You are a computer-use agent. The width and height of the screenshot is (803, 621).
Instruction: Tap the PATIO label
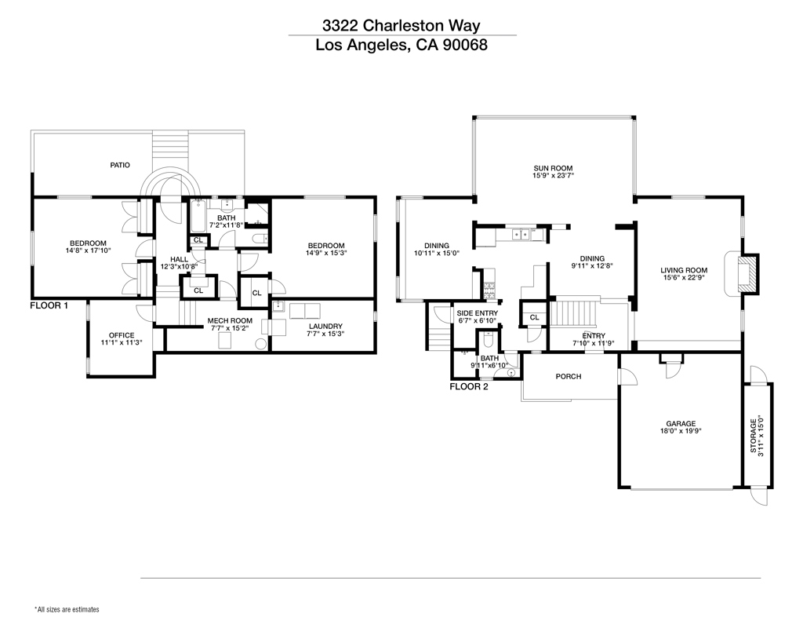pyautogui.click(x=119, y=165)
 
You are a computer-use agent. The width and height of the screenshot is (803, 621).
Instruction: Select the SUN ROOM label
pyautogui.click(x=553, y=168)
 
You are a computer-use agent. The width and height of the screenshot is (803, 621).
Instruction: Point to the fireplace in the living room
pyautogui.click(x=750, y=272)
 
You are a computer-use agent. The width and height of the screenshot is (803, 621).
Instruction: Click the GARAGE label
pyautogui.click(x=681, y=423)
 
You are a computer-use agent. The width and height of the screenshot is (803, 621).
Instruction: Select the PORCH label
pyautogui.click(x=569, y=377)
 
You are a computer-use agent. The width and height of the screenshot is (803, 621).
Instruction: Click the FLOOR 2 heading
pyautogui.click(x=469, y=386)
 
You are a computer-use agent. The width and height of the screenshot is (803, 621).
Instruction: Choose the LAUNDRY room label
pyautogui.click(x=325, y=326)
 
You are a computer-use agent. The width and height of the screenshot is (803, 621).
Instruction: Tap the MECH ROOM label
pyautogui.click(x=230, y=320)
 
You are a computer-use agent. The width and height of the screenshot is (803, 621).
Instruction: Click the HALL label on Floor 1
pyautogui.click(x=179, y=259)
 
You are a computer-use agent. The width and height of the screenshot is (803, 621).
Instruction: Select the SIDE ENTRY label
pyautogui.click(x=478, y=313)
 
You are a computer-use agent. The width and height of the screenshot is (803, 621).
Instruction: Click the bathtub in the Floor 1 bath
pyautogui.click(x=197, y=214)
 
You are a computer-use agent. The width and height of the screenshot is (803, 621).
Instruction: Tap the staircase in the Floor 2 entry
pyautogui.click(x=576, y=314)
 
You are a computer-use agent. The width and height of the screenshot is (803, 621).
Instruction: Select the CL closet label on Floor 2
pyautogui.click(x=534, y=317)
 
